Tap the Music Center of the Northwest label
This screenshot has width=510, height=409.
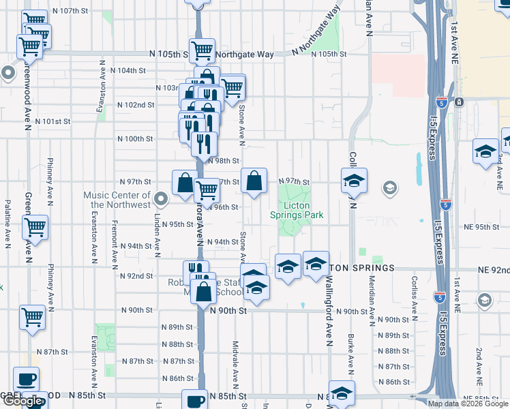tap(117, 200)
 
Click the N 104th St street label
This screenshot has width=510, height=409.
tap(132, 70)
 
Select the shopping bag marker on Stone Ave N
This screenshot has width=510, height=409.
tap(254, 181)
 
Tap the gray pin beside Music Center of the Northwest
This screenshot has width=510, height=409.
tap(161, 199)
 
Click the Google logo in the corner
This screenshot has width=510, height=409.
tap(23, 402)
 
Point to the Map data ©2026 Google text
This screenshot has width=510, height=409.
tap(468, 404)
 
